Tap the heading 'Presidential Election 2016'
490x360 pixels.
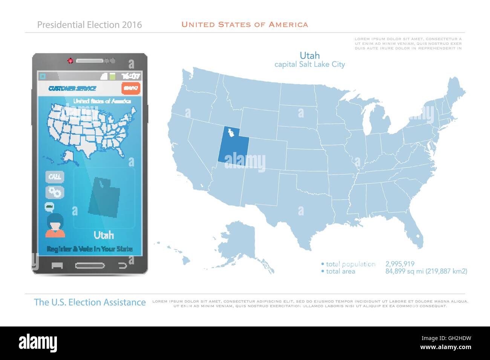(90, 25)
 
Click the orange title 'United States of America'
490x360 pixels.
(245, 25)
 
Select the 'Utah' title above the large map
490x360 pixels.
(309, 55)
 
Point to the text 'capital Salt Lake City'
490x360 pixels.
(309, 64)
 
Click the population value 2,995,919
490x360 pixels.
(400, 264)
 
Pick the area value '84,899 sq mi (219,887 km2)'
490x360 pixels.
(426, 271)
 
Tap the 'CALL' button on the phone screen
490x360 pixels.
(55, 177)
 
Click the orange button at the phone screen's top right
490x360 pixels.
(131, 88)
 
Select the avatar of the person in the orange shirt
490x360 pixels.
(55, 225)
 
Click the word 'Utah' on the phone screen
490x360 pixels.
(104, 235)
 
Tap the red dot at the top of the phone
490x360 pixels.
(70, 60)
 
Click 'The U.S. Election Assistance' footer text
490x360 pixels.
(90, 302)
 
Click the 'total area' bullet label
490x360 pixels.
(340, 271)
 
